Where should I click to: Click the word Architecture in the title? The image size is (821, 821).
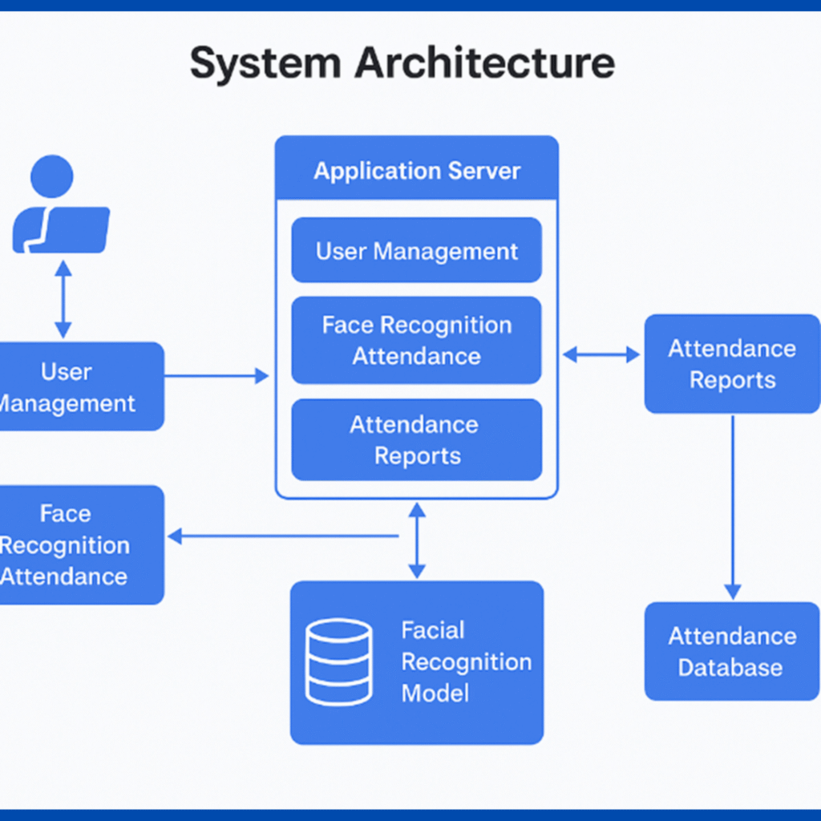point(485,63)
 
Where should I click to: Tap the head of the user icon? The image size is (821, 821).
point(52,176)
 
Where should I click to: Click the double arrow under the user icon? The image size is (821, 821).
point(63,297)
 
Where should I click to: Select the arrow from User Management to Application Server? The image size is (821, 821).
point(216,375)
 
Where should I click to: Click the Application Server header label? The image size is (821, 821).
point(416,171)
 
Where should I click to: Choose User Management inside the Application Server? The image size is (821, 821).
point(416,251)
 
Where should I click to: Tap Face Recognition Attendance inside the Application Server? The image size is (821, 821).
point(416,341)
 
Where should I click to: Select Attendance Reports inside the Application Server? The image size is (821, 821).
point(416,440)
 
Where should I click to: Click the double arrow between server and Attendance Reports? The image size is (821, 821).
point(601,354)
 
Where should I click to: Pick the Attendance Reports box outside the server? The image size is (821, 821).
point(732,364)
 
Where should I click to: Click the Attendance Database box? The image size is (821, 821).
point(732,651)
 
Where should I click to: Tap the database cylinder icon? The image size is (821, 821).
point(339,662)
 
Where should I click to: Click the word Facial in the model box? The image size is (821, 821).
point(433,630)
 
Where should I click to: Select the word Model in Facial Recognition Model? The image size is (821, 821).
point(435,693)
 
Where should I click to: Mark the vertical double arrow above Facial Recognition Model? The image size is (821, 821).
point(416,540)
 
